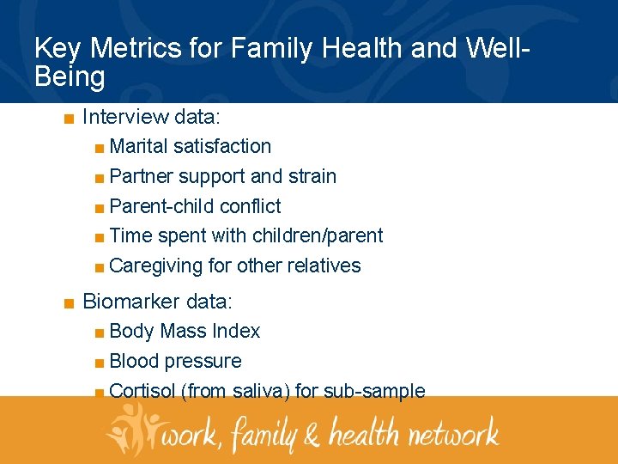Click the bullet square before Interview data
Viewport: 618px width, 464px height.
68,117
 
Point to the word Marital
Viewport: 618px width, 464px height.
139,147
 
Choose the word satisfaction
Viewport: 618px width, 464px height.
221,147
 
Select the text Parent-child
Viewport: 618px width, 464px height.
162,207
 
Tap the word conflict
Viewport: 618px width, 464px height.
251,207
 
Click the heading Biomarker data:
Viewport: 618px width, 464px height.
157,302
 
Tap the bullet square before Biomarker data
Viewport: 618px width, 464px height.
68,302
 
